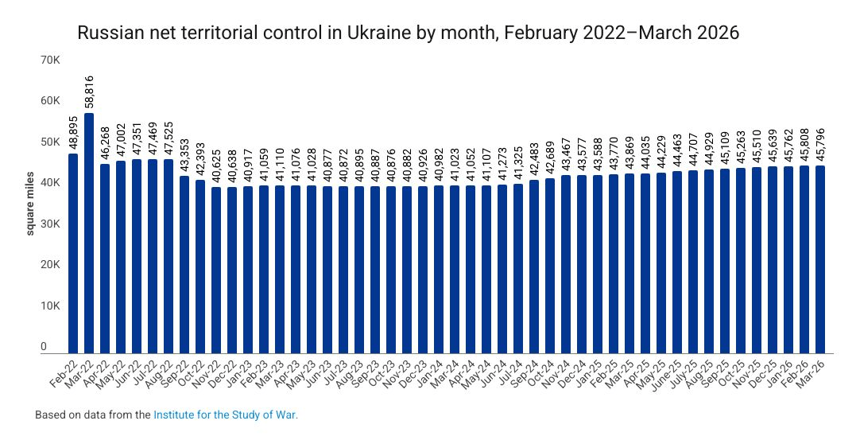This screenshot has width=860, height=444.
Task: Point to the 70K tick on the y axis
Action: pos(50,60)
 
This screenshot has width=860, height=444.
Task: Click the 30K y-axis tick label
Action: pos(50,224)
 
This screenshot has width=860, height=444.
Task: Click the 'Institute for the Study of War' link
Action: pos(224,415)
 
